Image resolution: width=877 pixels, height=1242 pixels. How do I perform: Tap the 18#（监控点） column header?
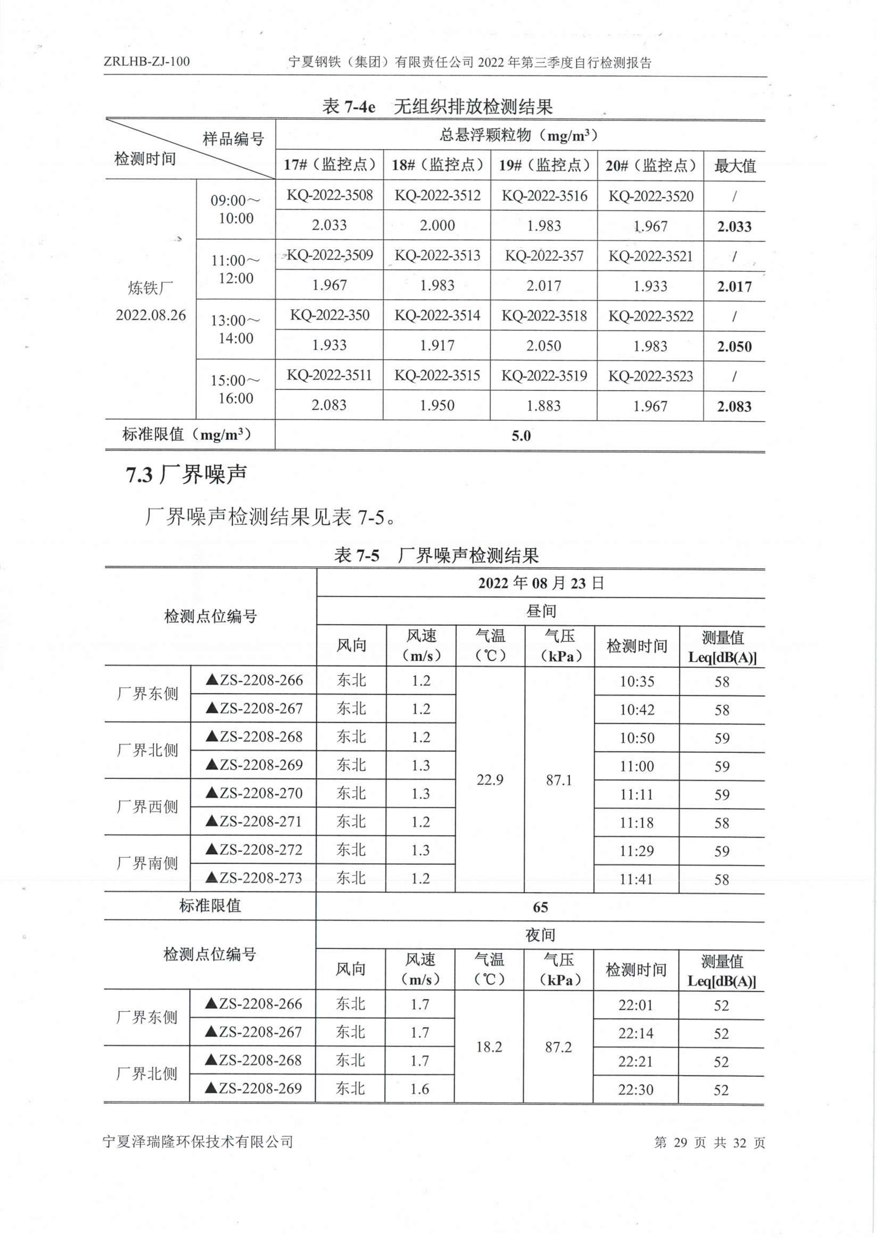tap(437, 165)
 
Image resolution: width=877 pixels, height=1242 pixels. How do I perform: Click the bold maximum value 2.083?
tap(734, 406)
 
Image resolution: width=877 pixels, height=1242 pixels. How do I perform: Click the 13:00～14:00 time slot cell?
tap(236, 329)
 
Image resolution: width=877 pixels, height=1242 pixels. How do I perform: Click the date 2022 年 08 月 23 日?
tap(541, 583)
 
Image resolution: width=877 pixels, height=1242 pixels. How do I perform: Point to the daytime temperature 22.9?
tap(490, 780)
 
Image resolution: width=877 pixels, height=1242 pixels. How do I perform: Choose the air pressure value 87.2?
tap(558, 1047)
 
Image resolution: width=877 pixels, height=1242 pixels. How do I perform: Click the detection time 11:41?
tap(636, 879)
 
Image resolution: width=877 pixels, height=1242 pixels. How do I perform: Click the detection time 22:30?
tap(636, 1089)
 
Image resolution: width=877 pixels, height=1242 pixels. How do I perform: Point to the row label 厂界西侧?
tap(147, 807)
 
